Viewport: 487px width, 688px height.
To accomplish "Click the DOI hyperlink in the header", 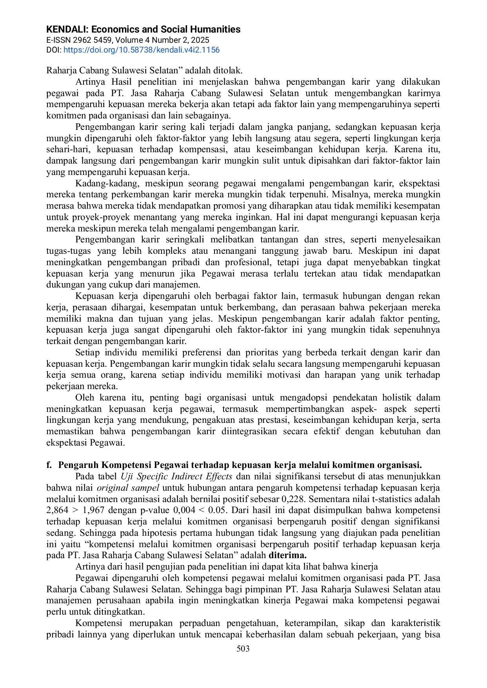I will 142,50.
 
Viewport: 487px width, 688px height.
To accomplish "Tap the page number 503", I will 243,648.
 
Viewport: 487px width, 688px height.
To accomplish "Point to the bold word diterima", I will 287,555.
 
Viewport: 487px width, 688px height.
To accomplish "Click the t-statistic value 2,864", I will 57,510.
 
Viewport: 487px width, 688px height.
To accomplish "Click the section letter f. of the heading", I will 49,465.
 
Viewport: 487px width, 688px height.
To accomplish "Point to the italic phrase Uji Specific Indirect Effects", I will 176,477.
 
